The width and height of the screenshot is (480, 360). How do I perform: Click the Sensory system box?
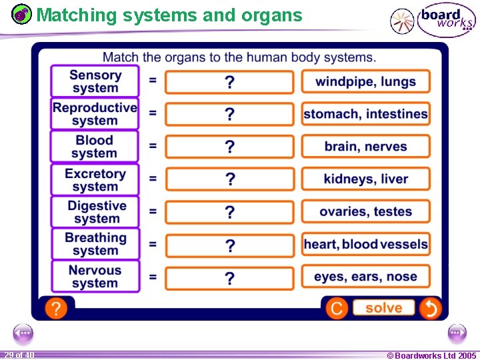95,81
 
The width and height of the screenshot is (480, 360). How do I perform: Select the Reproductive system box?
95,114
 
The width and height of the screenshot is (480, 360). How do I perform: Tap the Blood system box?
95,147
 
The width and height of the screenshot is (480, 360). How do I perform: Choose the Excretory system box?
95,179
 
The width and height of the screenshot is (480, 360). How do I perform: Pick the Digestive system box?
95,212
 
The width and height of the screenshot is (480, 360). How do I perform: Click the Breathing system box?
95,244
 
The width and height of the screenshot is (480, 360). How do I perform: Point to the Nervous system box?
95,277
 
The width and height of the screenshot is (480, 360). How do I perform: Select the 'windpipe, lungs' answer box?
365,81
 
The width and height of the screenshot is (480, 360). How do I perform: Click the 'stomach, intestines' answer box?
365,114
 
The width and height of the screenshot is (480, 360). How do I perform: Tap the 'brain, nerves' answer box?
365,147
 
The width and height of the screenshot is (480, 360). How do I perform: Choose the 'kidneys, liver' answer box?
365,179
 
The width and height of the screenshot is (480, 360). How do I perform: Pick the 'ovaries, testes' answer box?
365,211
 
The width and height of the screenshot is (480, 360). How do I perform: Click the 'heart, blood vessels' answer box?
365,244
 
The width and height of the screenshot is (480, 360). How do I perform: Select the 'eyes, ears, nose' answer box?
365,277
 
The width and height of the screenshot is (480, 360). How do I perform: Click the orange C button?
337,308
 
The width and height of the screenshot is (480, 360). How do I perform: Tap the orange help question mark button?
56,308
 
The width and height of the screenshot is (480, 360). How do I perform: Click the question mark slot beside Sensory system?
229,82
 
